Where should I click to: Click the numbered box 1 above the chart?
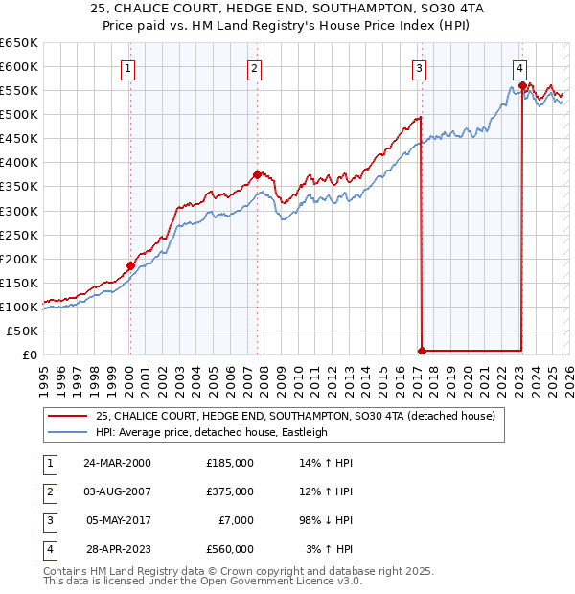point(128,68)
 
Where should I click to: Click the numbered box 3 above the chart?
point(420,68)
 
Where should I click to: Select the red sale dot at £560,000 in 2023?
point(521,85)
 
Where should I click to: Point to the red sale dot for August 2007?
point(257,174)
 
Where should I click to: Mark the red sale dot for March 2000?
point(130,265)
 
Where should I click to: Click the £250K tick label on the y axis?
point(18,235)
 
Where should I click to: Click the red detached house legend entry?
point(294,416)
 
